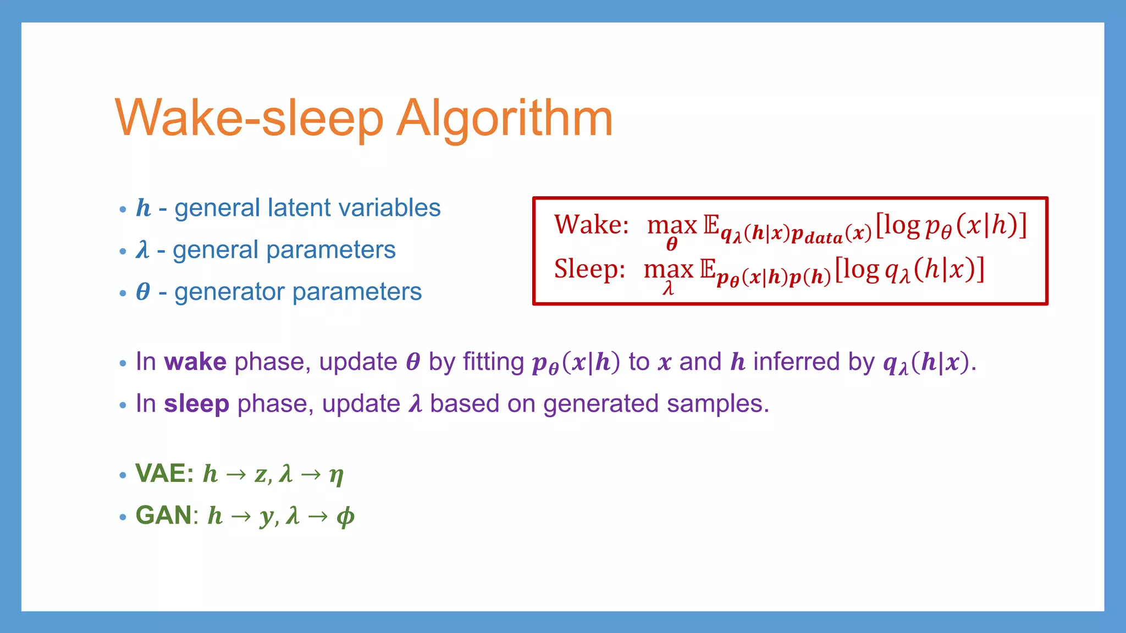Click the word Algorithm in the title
point(504,119)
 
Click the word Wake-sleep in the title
point(249,119)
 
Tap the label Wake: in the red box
point(591,225)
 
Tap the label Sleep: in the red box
point(589,269)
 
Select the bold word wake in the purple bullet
point(195,362)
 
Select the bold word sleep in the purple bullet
point(196,404)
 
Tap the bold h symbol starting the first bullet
point(143,208)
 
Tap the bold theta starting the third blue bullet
point(143,292)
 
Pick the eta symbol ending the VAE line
point(336,474)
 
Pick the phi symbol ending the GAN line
point(345,517)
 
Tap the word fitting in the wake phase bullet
point(493,362)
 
